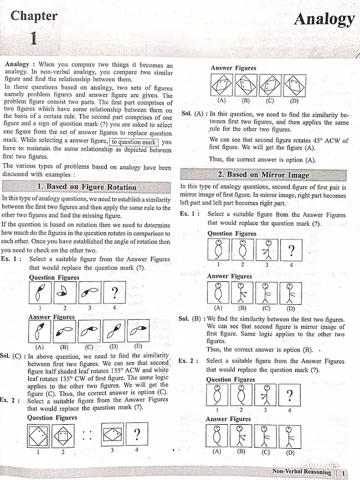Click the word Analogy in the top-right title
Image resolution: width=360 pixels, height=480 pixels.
coord(323,19)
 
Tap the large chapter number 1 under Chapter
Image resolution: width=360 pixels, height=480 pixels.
coord(34,40)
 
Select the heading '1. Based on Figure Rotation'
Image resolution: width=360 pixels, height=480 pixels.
coord(86,187)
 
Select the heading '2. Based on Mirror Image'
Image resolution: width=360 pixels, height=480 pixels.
coord(263,175)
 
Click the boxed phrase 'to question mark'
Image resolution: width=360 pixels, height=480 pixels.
coord(134,142)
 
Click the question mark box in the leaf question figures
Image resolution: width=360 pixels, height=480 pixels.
coord(113,293)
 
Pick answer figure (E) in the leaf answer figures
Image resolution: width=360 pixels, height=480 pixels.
coord(139,331)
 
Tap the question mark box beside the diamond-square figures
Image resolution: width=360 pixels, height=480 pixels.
coord(137,433)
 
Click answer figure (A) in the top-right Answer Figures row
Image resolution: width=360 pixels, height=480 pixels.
coord(221,85)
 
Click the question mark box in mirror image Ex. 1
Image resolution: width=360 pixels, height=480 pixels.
coord(291,250)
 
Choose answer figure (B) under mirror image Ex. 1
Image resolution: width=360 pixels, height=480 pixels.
coord(242,292)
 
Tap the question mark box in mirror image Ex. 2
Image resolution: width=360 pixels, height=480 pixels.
coord(291,396)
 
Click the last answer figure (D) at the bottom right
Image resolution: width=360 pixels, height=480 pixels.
coord(291,436)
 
